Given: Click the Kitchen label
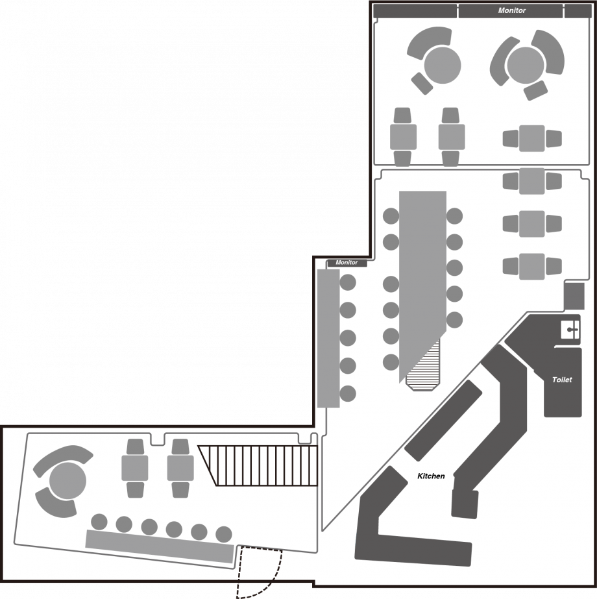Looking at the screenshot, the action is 431,476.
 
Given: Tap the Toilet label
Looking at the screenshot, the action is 562,380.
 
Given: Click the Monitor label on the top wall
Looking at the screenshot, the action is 512,10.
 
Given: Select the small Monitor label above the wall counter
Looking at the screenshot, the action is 347,262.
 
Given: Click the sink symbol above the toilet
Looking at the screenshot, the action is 570,330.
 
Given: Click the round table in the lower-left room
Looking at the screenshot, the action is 67,481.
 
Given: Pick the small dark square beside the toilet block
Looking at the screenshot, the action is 574,296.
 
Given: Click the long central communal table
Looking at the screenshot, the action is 422,283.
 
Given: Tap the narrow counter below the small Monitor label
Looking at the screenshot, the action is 328,339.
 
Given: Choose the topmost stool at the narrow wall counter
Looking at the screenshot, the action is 348,282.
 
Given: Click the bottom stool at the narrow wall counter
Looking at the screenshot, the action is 348,393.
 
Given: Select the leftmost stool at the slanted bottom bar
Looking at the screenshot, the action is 99,522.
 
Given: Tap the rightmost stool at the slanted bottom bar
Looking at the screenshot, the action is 224,535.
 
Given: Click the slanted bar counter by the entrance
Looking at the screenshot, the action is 159,546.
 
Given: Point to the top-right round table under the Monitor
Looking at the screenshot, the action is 526,66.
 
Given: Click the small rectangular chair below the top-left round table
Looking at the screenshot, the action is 422,83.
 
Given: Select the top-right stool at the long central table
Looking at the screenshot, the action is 454,216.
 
